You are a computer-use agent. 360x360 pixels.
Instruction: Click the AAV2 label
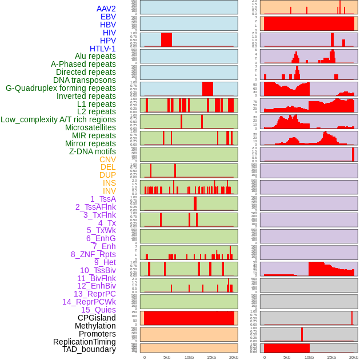pyautogui.click(x=106, y=9)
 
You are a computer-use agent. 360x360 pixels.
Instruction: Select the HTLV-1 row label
pyautogui.click(x=103, y=49)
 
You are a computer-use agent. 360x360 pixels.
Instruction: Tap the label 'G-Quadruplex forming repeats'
pyautogui.click(x=61, y=88)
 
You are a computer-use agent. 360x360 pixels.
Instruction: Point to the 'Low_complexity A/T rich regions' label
pyautogui.click(x=58, y=119)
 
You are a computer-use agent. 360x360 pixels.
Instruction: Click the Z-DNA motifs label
pyautogui.click(x=93, y=151)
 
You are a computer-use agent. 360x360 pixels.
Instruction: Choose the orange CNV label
pyautogui.click(x=107, y=159)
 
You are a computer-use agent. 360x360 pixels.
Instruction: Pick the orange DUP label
pyautogui.click(x=107, y=175)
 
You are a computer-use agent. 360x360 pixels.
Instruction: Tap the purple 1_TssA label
pyautogui.click(x=103, y=199)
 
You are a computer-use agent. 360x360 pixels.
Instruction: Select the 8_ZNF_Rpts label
pyautogui.click(x=93, y=254)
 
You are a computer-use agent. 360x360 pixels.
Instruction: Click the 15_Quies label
pyautogui.click(x=98, y=310)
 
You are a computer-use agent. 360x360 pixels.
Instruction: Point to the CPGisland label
pyautogui.click(x=97, y=318)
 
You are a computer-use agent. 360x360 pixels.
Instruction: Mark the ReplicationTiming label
pyautogui.click(x=85, y=342)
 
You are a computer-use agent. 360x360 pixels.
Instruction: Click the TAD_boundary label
pyautogui.click(x=89, y=349)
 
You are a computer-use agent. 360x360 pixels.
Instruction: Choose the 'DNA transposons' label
pyautogui.click(x=85, y=80)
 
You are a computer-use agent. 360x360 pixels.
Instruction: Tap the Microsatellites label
pyautogui.click(x=90, y=127)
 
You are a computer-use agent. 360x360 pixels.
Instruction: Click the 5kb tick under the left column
pyautogui.click(x=167, y=357)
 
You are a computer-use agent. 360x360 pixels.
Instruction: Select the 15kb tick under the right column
pyautogui.click(x=331, y=357)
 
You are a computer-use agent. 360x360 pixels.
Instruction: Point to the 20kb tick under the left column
pyautogui.click(x=234, y=357)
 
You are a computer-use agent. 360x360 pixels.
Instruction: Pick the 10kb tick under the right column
pyautogui.click(x=309, y=357)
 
